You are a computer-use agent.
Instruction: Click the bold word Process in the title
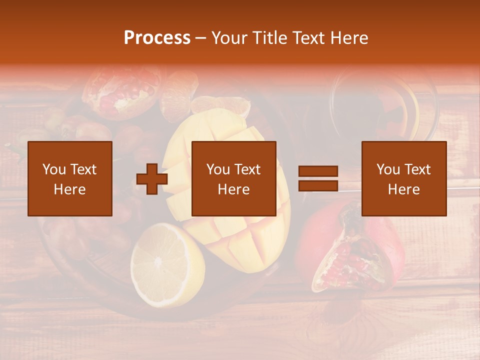(x=157, y=38)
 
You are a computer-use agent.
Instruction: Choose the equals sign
(x=318, y=179)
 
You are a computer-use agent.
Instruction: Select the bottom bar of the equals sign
(x=318, y=186)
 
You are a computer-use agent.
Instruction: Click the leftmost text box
(x=69, y=178)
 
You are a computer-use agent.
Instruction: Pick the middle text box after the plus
(x=234, y=178)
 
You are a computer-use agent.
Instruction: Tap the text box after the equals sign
(x=404, y=178)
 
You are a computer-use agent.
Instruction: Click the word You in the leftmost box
(x=53, y=169)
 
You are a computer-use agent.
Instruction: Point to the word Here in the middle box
(x=234, y=189)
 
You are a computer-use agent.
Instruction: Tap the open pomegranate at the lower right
(x=357, y=252)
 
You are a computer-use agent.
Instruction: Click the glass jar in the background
(x=385, y=105)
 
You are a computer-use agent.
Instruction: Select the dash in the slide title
(x=201, y=38)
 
